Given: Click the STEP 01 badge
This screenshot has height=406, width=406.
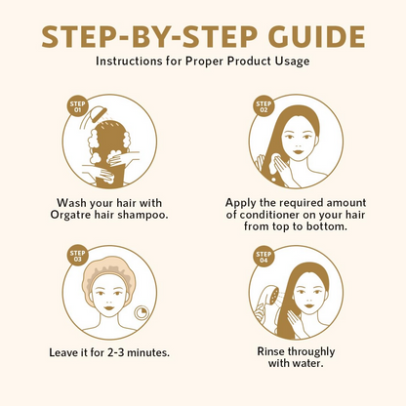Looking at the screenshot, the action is [x=77, y=106].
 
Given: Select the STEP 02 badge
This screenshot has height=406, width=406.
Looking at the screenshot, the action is [x=264, y=106].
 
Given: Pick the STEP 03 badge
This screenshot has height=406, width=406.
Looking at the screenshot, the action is [x=77, y=256].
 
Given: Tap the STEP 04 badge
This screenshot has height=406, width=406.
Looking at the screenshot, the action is [x=264, y=257].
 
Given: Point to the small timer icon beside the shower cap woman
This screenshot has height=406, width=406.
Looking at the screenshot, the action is [x=142, y=313].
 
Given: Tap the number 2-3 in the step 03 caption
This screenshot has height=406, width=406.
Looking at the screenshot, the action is [x=115, y=352].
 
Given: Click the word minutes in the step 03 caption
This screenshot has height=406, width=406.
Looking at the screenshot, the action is [x=148, y=352].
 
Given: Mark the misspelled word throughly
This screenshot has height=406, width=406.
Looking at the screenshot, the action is [x=311, y=352].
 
